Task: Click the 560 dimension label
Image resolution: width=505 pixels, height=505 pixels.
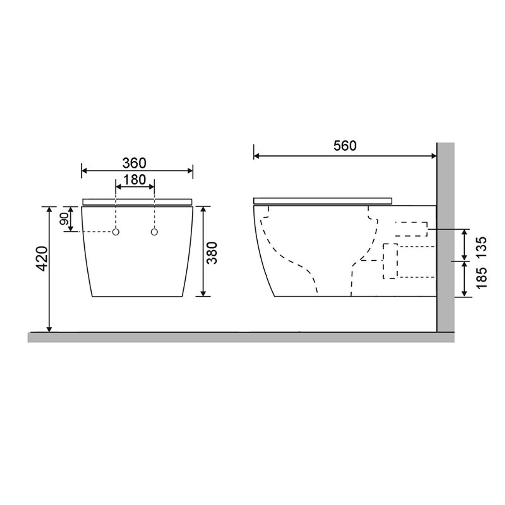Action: click(345, 146)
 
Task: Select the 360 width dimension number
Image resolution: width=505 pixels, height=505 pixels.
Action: click(134, 163)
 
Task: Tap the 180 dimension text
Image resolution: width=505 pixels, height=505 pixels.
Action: click(134, 180)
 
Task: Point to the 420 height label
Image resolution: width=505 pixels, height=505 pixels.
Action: click(41, 259)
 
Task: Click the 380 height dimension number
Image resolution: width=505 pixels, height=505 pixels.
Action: click(212, 252)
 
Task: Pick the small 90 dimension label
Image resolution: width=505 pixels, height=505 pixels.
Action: click(64, 219)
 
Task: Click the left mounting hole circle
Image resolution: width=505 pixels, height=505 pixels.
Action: click(116, 232)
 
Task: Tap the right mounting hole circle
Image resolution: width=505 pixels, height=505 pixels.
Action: click(154, 232)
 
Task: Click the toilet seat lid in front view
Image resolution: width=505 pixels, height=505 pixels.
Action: click(137, 201)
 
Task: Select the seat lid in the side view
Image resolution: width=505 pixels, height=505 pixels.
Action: click(322, 201)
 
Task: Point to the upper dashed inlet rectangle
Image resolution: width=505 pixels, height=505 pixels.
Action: click(411, 229)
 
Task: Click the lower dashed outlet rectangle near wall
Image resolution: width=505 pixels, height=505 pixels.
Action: click(390, 261)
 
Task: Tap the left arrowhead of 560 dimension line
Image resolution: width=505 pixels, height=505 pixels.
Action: click(256, 156)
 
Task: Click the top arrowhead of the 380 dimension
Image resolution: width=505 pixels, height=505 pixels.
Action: click(203, 209)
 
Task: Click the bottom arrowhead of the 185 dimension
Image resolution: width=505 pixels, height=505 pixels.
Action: click(464, 293)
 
